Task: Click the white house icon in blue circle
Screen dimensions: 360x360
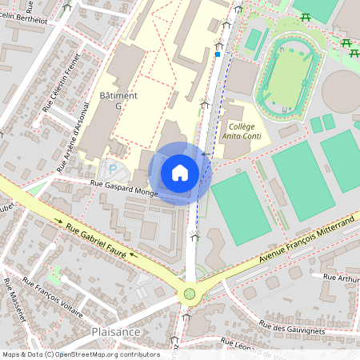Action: (180, 173)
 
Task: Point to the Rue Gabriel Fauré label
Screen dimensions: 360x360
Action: (102, 240)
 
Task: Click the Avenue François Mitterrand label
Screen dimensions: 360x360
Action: (306, 240)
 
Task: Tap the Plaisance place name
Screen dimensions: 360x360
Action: (116, 331)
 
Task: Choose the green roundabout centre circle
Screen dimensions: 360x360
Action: (190, 294)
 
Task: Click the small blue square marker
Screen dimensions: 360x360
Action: (218, 55)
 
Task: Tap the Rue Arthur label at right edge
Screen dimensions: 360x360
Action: (340, 277)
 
